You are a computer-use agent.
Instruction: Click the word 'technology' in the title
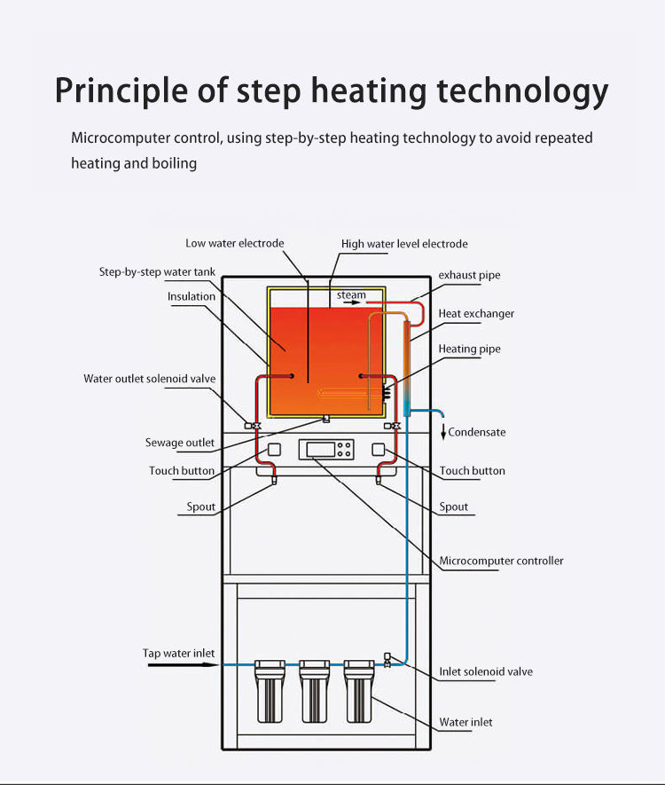522,91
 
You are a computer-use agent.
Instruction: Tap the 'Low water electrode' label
235,243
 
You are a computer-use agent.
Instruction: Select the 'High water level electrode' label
404,244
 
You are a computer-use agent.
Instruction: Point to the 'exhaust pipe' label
469,275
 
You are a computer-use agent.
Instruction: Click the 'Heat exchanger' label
476,314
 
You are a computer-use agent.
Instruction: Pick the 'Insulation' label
192,296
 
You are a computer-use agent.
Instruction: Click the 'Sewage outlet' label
180,443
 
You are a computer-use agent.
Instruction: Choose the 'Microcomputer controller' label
501,561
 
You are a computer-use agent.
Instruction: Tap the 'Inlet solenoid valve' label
486,671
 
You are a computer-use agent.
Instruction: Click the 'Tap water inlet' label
178,654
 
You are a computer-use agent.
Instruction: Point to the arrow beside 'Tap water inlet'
184,665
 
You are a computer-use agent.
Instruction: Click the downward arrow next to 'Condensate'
443,432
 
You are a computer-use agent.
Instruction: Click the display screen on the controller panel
320,449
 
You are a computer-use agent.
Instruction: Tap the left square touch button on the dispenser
274,450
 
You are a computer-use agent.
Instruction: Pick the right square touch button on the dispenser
379,450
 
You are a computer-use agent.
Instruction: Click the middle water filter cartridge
314,691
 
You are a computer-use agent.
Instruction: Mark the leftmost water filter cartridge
270,691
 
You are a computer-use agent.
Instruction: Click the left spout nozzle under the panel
274,481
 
